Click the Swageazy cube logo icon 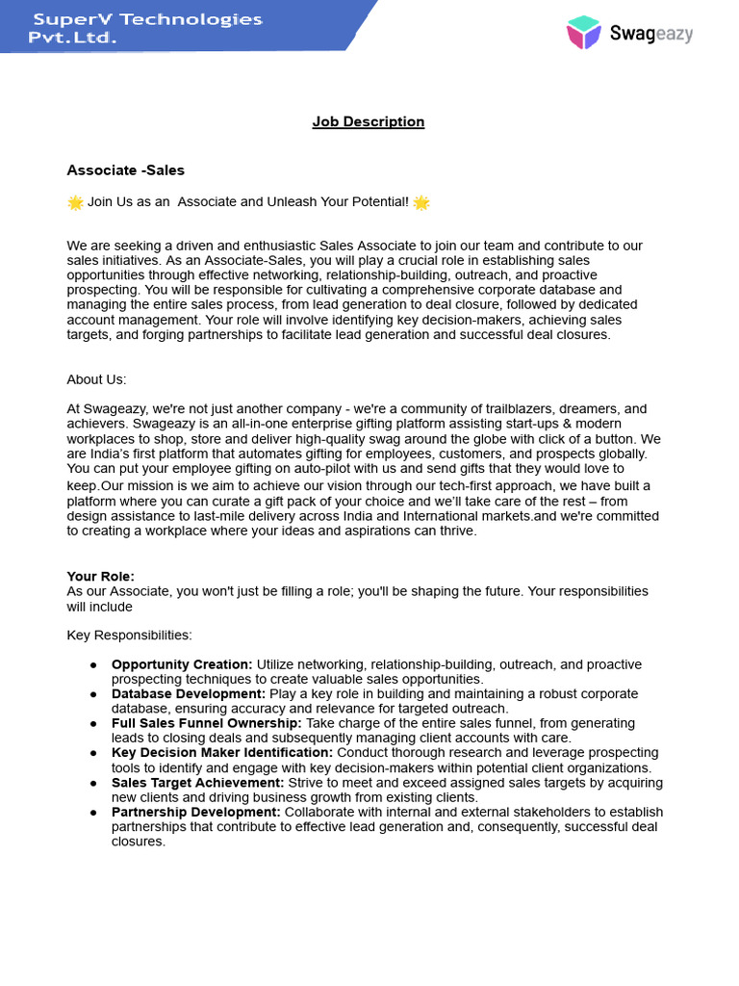(584, 32)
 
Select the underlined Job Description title (369, 121)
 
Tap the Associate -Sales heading (125, 170)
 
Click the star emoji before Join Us (75, 202)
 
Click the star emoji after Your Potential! (420, 202)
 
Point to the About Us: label (96, 379)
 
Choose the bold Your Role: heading (100, 576)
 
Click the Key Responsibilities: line (129, 636)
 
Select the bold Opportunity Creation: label (182, 664)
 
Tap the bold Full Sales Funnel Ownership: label (207, 723)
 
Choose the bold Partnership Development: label (196, 812)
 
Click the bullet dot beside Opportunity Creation (93, 665)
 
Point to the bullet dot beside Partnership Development (93, 813)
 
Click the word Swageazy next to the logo (650, 34)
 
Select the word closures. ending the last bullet (139, 842)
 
